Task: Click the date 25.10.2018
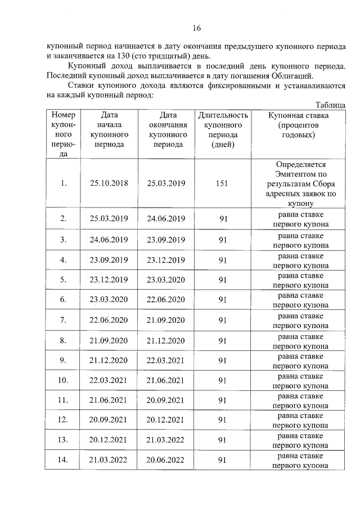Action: pyautogui.click(x=109, y=183)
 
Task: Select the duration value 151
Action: pyautogui.click(x=222, y=183)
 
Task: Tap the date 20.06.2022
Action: pyautogui.click(x=165, y=460)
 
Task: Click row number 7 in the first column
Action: pyautogui.click(x=64, y=320)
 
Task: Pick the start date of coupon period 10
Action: pyautogui.click(x=109, y=380)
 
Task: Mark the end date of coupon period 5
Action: pyautogui.click(x=165, y=280)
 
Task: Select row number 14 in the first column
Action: pyautogui.click(x=64, y=460)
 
